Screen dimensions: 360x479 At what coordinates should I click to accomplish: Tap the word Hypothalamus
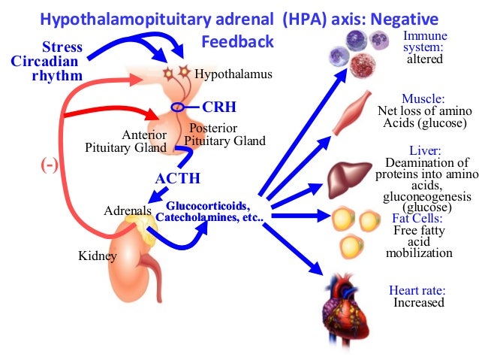(x=233, y=75)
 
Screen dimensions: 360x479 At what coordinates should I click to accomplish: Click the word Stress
(x=62, y=48)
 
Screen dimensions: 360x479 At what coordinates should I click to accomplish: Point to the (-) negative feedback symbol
(x=49, y=165)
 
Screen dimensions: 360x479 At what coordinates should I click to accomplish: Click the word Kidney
(x=98, y=256)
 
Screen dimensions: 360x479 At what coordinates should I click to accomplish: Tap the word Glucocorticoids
(x=207, y=206)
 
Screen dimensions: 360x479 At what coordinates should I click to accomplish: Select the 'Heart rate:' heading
(x=418, y=290)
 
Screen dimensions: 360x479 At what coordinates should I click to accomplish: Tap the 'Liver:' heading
(x=418, y=150)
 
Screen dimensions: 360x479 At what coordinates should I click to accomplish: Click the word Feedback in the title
(x=237, y=42)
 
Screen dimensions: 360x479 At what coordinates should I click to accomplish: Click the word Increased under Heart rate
(x=419, y=302)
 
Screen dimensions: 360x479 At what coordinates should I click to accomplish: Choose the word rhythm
(x=56, y=75)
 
